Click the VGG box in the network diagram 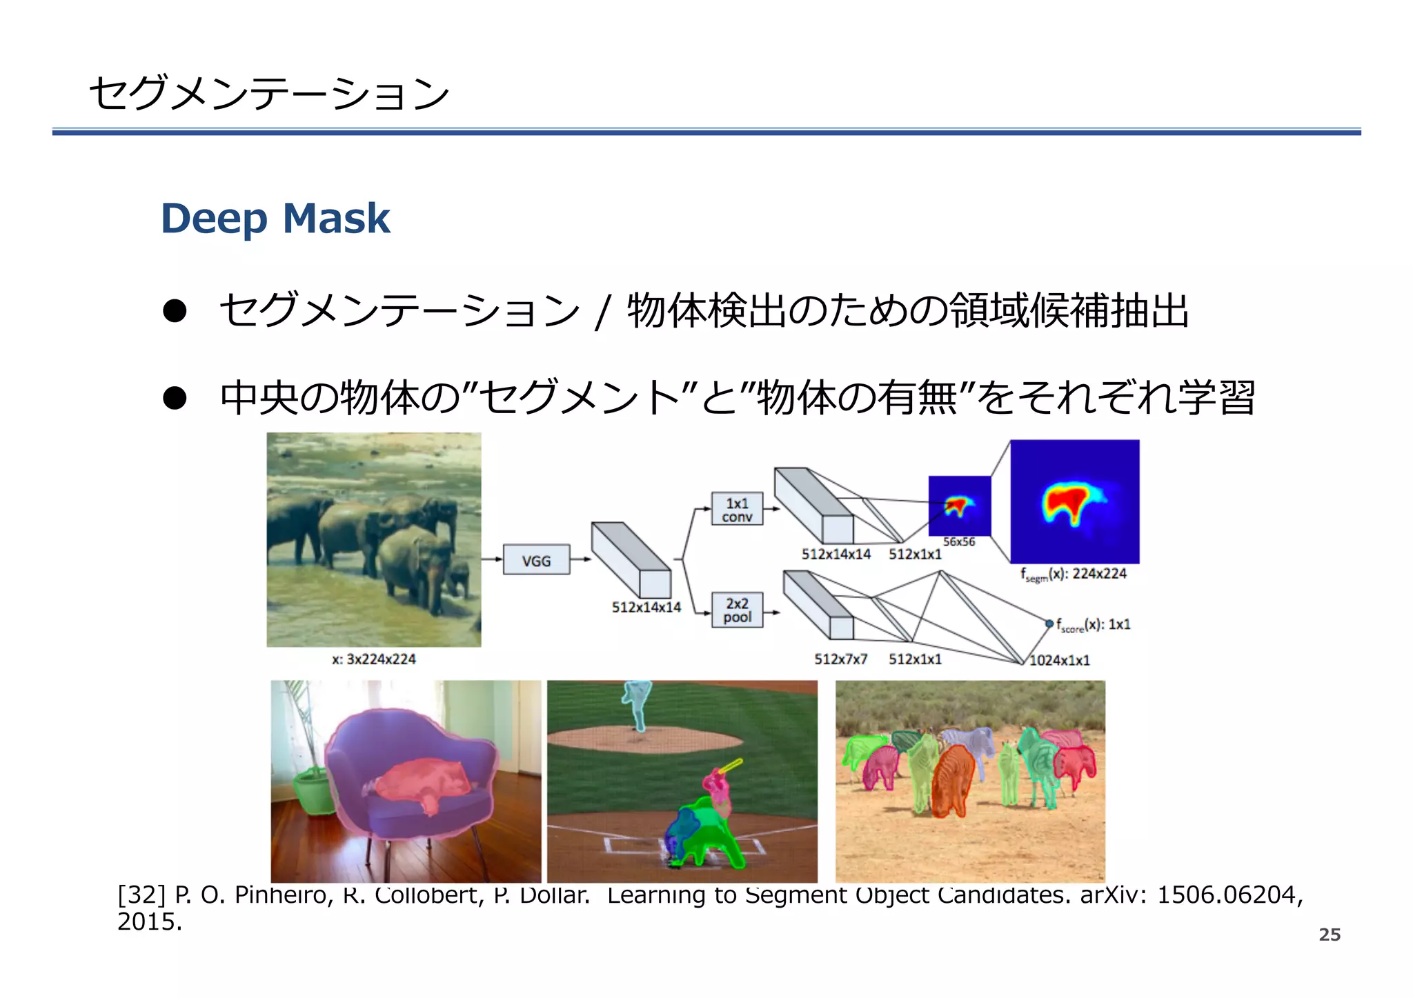coord(536,560)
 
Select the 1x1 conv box coord(737,509)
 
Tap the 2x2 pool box coord(737,610)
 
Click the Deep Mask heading coord(275,219)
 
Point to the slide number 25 coord(1329,935)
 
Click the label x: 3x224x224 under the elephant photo coord(373,659)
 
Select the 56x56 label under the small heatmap coord(959,542)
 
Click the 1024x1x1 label coord(1059,661)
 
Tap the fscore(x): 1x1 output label coord(1093,625)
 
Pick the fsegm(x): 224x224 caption coord(1074,574)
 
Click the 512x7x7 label coord(840,659)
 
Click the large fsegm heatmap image coord(1074,501)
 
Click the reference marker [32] coord(141,895)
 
